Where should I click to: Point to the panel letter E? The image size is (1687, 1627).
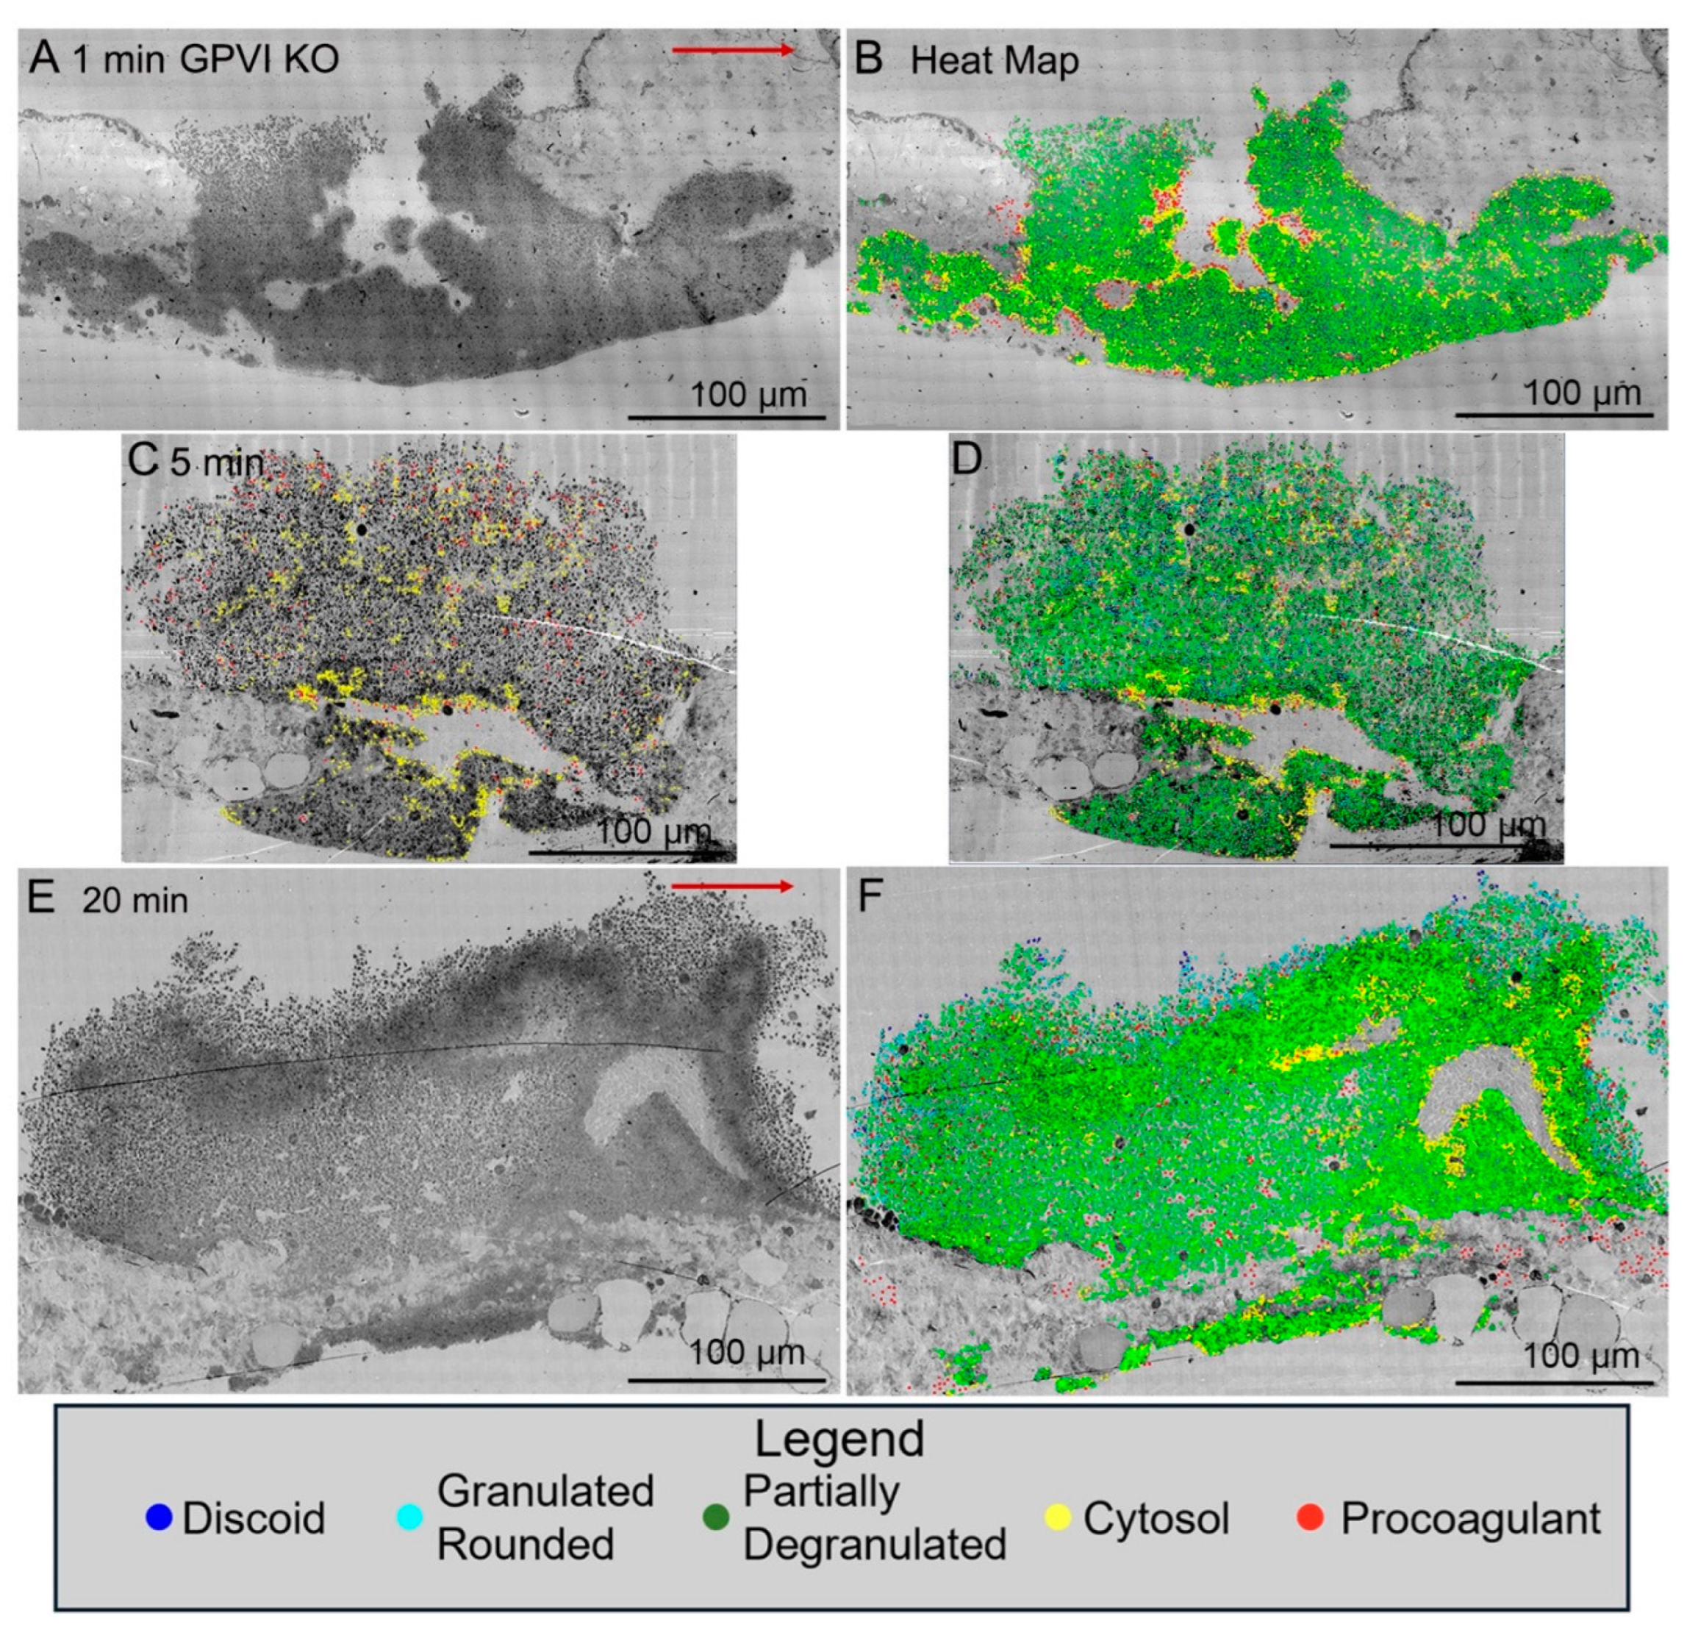[x=41, y=898]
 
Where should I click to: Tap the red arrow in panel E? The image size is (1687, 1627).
[x=731, y=886]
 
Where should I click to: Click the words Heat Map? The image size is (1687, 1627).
[x=994, y=61]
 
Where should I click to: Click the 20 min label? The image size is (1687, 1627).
[x=135, y=901]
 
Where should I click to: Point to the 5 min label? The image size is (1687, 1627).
[x=217, y=463]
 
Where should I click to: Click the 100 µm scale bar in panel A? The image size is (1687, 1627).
[x=727, y=418]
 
